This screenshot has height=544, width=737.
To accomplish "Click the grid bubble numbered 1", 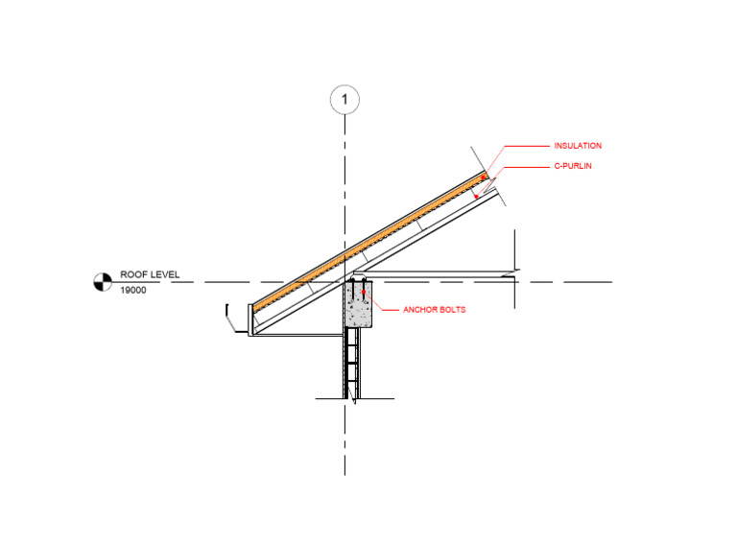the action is pos(345,99).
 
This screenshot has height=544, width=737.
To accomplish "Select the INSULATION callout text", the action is pos(578,146).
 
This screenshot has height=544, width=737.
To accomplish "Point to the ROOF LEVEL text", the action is pos(150,274).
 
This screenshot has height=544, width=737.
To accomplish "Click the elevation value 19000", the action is pos(133,290).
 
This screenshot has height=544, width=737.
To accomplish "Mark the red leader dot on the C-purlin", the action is pos(477,198).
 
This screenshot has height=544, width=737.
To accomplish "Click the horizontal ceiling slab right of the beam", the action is pos(437,277).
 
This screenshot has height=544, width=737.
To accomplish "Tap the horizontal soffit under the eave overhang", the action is pos(297,334).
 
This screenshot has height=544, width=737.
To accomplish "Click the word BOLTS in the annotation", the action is pos(451,309).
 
